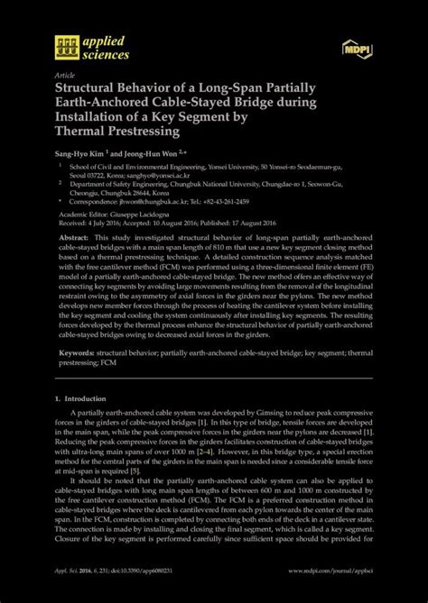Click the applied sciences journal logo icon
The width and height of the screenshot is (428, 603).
coord(66,46)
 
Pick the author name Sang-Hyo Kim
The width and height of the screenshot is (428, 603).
coord(80,154)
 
